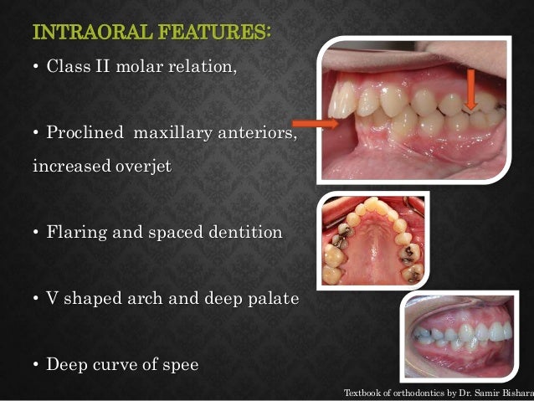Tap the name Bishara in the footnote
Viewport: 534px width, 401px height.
tap(512, 391)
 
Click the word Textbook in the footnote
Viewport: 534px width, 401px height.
tap(365, 391)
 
